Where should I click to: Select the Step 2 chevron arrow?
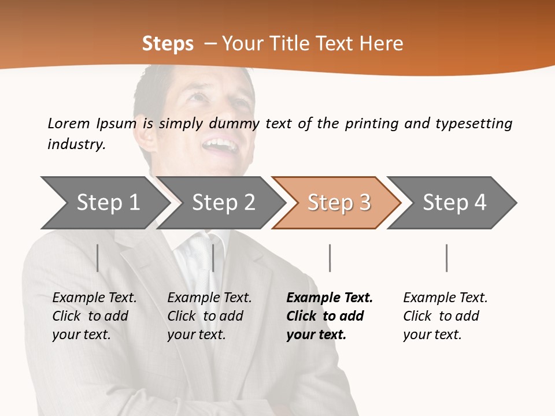point(223,203)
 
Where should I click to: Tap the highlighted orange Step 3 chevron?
point(339,203)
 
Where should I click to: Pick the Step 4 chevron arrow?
point(454,203)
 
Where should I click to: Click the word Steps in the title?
point(168,44)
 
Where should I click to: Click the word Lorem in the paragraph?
point(68,123)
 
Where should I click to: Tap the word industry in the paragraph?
point(76,144)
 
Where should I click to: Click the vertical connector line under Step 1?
point(98,258)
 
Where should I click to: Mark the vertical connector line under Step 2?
point(213,258)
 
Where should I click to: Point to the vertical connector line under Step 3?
point(330,258)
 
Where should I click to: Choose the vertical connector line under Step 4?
point(446,258)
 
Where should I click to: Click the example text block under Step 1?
point(94,316)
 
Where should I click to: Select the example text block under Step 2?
point(209,316)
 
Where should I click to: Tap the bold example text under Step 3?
point(330,316)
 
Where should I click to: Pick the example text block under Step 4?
point(445,316)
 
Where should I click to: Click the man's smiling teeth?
point(222,144)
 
